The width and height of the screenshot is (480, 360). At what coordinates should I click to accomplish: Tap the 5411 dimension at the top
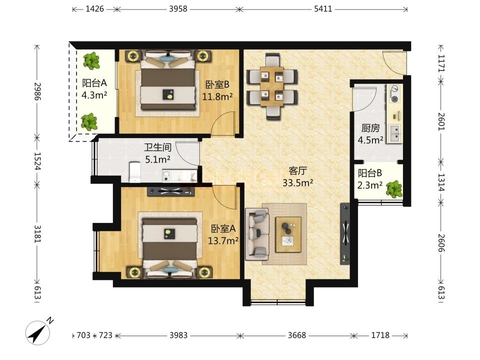[323, 9]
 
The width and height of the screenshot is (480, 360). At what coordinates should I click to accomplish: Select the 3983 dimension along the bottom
[178, 335]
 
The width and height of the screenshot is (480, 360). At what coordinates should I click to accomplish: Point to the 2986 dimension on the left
[37, 91]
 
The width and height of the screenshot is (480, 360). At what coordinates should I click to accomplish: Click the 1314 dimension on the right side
[441, 182]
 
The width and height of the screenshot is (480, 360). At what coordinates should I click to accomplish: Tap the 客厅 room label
[297, 171]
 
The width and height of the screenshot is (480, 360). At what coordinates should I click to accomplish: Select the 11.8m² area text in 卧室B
[217, 96]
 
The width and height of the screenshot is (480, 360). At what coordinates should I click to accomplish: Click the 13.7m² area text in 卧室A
[223, 241]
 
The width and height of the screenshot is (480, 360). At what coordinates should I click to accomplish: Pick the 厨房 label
[370, 127]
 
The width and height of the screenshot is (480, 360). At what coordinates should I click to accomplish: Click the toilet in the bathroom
[135, 172]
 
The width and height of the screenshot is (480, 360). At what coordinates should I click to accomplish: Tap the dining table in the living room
[272, 86]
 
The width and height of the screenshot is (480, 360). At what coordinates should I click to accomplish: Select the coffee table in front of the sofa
[288, 234]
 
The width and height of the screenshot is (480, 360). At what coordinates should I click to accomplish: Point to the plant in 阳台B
[394, 189]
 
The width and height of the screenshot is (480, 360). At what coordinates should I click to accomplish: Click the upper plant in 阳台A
[91, 60]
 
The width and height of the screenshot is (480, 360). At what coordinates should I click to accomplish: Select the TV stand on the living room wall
[345, 234]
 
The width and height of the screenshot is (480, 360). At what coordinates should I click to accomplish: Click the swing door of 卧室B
[224, 123]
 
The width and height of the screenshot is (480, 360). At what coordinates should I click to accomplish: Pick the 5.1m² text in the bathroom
[157, 159]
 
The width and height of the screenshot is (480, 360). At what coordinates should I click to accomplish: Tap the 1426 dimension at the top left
[94, 9]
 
